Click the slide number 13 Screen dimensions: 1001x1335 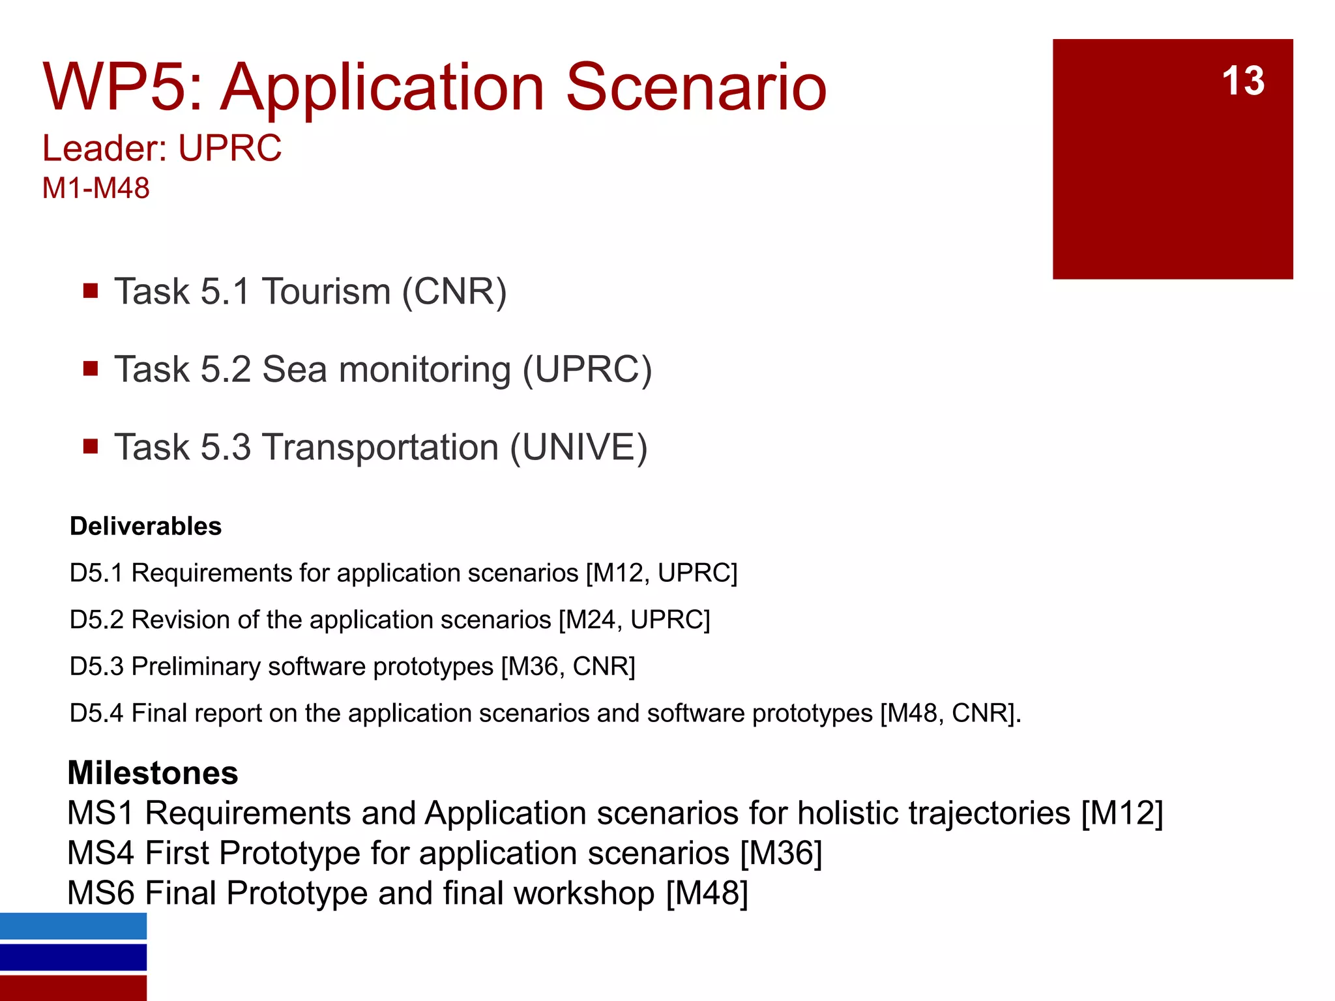[x=1242, y=81]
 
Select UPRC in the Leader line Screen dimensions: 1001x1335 [x=229, y=149]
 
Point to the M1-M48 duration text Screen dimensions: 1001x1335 [x=96, y=188]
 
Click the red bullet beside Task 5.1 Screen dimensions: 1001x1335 [x=91, y=291]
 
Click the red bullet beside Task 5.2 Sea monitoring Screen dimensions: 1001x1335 [x=91, y=369]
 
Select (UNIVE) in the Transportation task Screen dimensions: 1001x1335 [x=579, y=448]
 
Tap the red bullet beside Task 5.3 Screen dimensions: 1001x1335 [x=91, y=447]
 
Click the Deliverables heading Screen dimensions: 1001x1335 [x=145, y=526]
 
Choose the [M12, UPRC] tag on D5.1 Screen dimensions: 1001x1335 [x=661, y=573]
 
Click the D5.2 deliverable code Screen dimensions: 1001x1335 [x=96, y=620]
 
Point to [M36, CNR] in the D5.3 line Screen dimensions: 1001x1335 [x=568, y=667]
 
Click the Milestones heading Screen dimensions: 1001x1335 [x=153, y=773]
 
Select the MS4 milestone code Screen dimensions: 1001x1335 [x=100, y=853]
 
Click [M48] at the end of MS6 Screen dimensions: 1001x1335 [x=707, y=893]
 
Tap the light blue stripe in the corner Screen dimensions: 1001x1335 [x=73, y=926]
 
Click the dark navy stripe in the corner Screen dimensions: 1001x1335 [x=73, y=957]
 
